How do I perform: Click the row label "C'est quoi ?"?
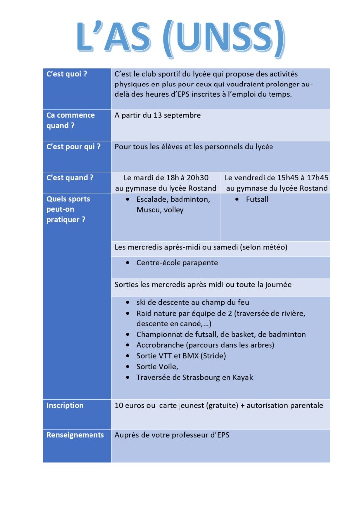pyautogui.click(x=67, y=74)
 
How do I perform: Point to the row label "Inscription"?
pyautogui.click(x=65, y=405)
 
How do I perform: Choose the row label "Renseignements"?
pyautogui.click(x=75, y=435)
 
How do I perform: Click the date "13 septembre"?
pyautogui.click(x=179, y=115)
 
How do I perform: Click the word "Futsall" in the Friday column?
pyautogui.click(x=257, y=199)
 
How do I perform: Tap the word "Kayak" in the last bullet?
pyautogui.click(x=242, y=377)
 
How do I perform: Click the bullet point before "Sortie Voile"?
pyautogui.click(x=129, y=367)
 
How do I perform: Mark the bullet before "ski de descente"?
pyautogui.click(x=129, y=302)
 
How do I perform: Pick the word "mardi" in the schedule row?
pyautogui.click(x=144, y=177)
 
